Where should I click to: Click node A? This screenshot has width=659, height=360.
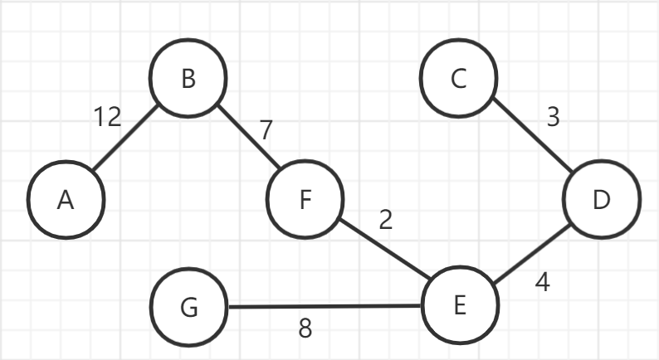click(66, 201)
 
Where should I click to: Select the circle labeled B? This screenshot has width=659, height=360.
click(188, 79)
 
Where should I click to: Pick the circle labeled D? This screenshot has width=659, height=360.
click(602, 201)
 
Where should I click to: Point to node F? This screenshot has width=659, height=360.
click(305, 201)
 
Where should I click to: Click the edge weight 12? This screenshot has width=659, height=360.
click(107, 118)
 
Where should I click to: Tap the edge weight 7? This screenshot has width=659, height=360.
click(265, 130)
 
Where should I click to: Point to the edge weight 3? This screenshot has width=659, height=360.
click(554, 118)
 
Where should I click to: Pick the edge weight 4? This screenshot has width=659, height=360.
click(543, 282)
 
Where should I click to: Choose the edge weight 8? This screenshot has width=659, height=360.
click(305, 329)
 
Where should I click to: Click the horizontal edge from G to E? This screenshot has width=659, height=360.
click(324, 307)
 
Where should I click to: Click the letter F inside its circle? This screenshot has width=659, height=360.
click(305, 201)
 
